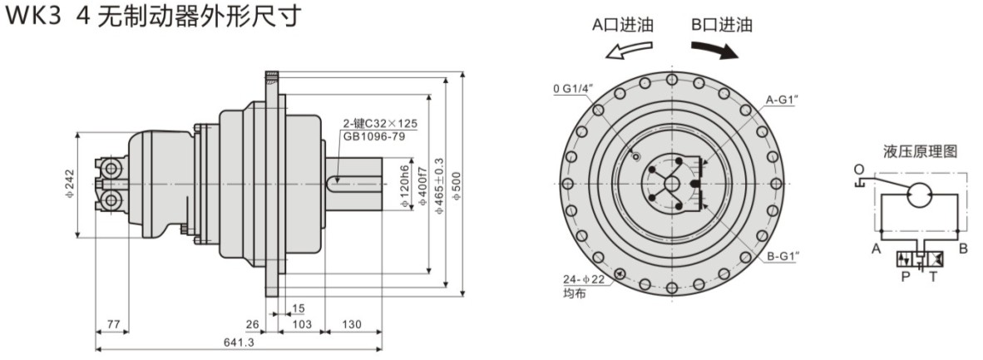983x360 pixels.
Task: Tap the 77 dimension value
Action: (x=113, y=324)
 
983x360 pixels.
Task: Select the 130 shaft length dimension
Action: (x=352, y=324)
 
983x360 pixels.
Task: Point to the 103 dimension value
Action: (x=303, y=324)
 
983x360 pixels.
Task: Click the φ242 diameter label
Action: (x=70, y=185)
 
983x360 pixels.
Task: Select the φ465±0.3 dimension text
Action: (x=439, y=185)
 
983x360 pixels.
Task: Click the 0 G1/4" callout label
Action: (x=572, y=88)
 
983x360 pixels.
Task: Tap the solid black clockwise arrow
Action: (x=714, y=50)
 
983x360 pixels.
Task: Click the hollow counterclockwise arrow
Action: (x=629, y=50)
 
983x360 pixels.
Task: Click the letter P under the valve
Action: (x=906, y=277)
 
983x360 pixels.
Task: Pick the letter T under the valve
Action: (x=933, y=277)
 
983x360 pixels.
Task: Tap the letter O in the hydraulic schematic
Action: (x=858, y=169)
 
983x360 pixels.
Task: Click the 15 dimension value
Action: (x=299, y=308)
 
